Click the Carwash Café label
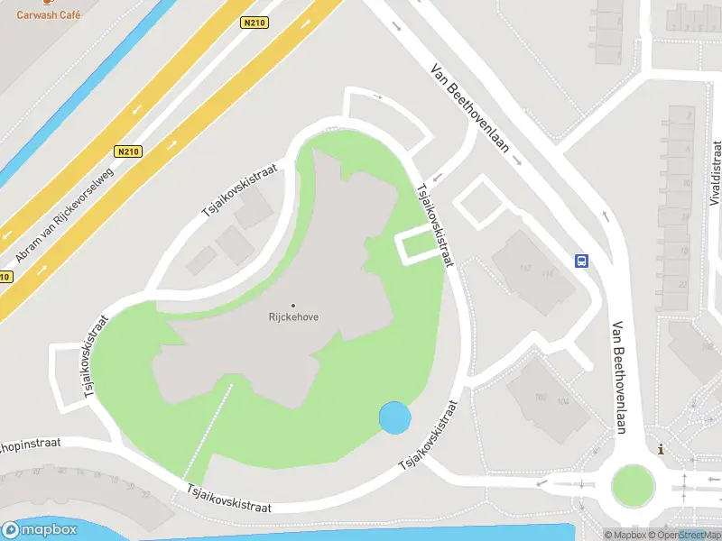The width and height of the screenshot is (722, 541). click(48, 15)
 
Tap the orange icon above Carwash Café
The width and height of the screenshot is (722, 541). click(48, 4)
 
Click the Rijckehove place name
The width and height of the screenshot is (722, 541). click(293, 316)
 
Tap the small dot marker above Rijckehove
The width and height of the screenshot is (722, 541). click(293, 305)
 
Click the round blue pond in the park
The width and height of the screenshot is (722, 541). click(395, 417)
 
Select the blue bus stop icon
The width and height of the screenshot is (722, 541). click(582, 261)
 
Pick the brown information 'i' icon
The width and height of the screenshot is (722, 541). click(662, 449)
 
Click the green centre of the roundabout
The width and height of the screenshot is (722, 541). click(632, 485)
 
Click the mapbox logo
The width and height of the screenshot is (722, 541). click(40, 530)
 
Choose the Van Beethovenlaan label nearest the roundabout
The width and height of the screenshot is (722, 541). click(620, 379)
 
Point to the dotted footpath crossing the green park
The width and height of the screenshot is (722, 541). click(209, 433)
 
